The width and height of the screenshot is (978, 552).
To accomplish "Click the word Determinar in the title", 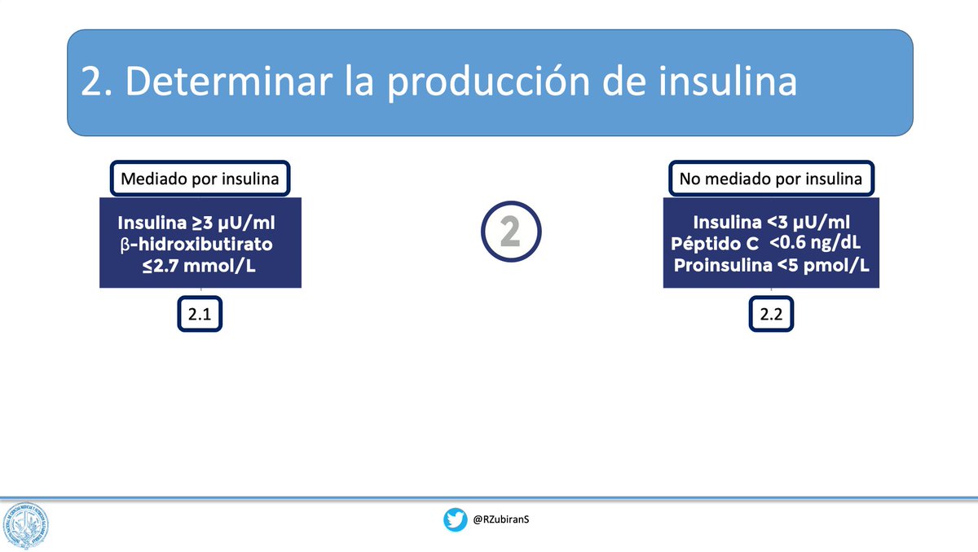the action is coord(229,82).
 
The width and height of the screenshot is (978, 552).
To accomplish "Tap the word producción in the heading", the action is coord(488,83).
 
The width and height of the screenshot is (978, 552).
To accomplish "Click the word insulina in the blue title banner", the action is coord(728,81).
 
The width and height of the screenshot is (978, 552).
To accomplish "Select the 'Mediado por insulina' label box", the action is coord(200,179).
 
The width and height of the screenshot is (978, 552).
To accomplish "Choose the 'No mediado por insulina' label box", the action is coord(771,179).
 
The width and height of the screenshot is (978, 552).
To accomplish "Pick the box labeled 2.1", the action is coord(200,314).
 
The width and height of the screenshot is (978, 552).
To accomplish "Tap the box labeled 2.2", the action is coord(771,314).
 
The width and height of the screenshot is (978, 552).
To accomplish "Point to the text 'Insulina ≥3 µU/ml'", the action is coord(196,223).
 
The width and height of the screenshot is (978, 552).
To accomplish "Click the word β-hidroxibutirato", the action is coord(196,244).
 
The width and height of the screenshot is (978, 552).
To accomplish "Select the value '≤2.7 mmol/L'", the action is coord(199,266).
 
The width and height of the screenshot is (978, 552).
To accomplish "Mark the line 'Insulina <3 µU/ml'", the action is coord(772,223).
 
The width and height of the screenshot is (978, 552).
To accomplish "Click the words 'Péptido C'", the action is coord(715,243).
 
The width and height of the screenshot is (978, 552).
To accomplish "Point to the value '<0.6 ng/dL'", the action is coord(815,243).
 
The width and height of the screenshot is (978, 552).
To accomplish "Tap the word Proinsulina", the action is coord(723,265).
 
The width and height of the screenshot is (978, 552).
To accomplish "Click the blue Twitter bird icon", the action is coord(455,519).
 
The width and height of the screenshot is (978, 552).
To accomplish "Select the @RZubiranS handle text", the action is coord(500,519).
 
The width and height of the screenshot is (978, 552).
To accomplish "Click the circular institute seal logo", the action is coord(25,525).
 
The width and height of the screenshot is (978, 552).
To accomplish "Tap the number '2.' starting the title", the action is coord(96,82).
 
